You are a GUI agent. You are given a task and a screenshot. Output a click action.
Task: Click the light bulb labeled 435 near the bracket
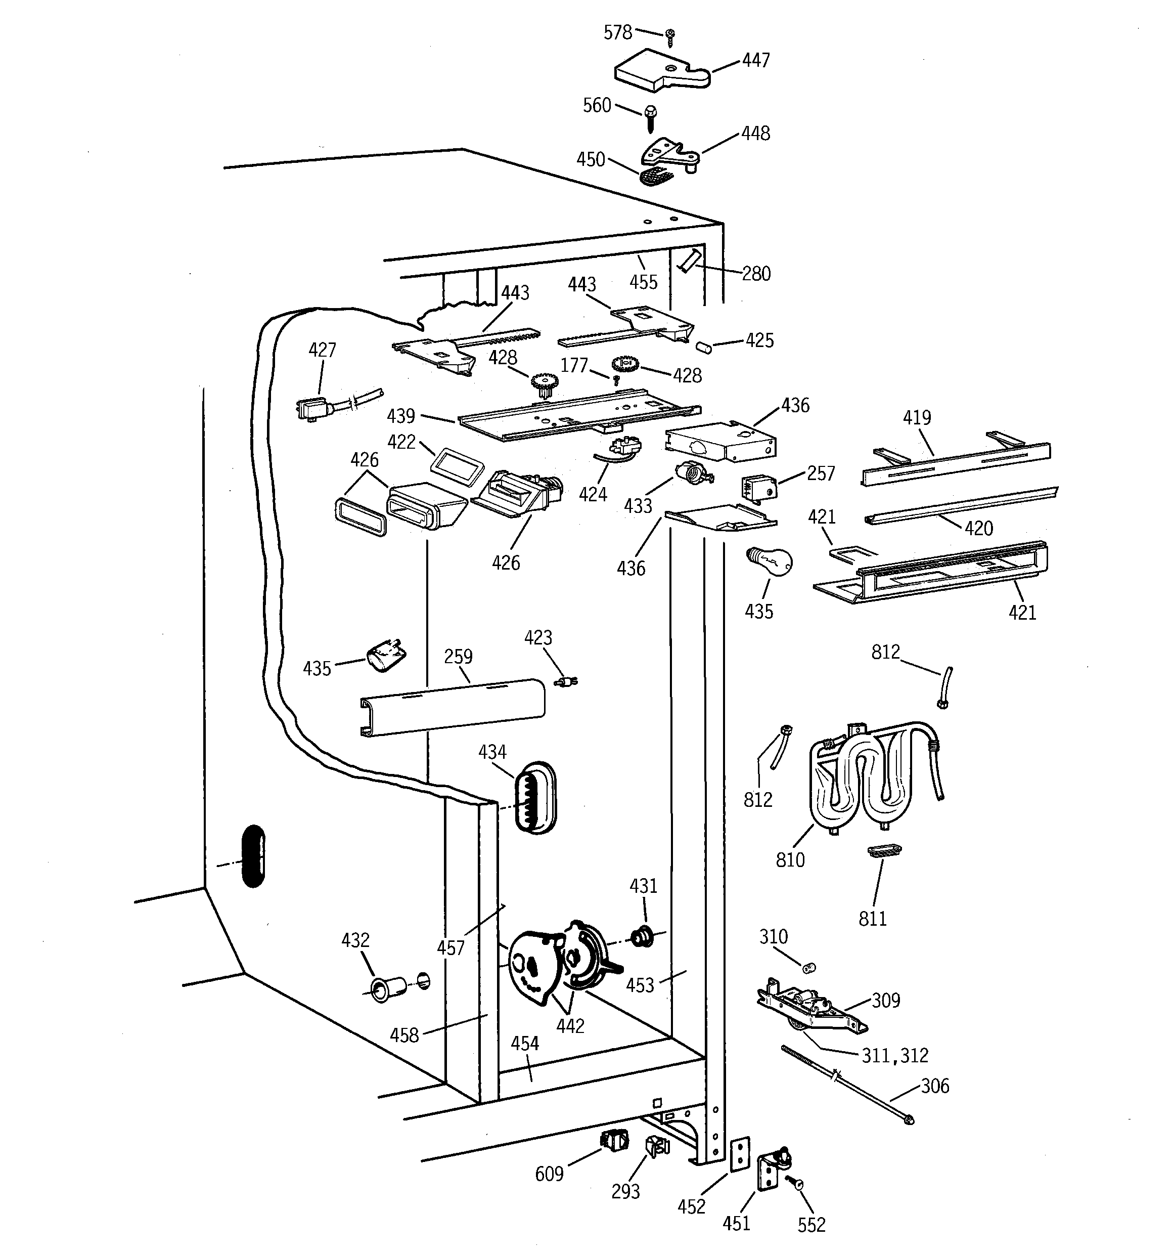[770, 561]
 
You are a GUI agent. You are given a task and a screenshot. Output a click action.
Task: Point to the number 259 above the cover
[458, 657]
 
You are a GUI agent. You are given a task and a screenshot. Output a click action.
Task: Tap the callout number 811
[872, 918]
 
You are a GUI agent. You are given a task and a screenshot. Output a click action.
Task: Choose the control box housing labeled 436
[721, 442]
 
